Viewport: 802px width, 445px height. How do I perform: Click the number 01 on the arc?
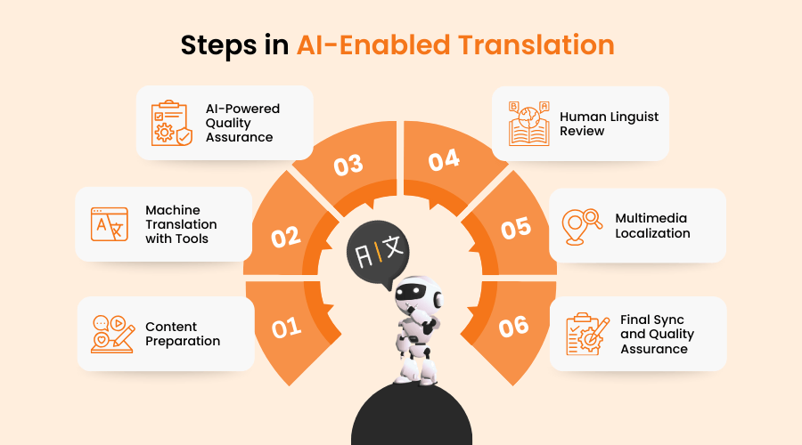pos(286,328)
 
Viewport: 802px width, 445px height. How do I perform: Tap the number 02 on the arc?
pos(286,237)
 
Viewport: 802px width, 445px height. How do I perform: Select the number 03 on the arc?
pos(348,165)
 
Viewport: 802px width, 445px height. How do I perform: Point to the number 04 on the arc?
pos(444,160)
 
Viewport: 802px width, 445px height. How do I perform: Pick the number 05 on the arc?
pos(516,228)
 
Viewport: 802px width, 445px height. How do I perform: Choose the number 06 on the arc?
pos(513,327)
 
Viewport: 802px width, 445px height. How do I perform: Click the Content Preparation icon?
pos(113,334)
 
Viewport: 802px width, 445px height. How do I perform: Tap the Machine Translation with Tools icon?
pos(110,224)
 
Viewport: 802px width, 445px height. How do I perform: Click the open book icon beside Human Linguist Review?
pos(528,124)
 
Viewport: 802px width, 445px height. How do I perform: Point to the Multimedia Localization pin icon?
pos(582,227)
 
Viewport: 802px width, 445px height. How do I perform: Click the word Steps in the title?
pos(218,45)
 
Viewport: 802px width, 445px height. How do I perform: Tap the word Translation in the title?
pos(536,44)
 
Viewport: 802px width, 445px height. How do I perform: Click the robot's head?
pos(417,294)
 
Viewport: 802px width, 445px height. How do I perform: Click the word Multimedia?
pos(651,218)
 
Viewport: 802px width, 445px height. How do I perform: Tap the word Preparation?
pos(183,341)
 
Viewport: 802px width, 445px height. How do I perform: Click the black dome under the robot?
pos(412,415)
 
